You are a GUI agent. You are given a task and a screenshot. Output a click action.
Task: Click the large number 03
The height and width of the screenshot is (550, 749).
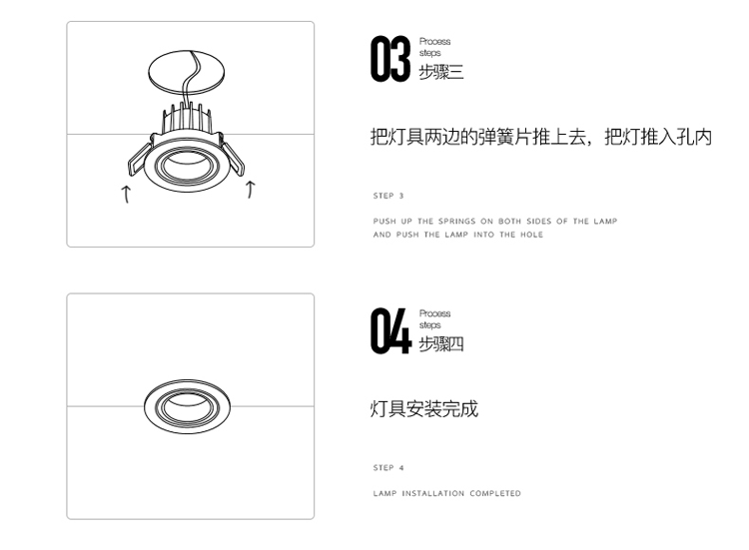(390, 59)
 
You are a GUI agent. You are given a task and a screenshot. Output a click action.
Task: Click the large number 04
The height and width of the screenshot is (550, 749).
(390, 330)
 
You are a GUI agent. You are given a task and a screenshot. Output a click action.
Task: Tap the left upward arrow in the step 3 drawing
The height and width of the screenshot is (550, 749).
(126, 193)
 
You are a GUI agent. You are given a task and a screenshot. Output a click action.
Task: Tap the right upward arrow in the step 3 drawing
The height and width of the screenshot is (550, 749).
(251, 189)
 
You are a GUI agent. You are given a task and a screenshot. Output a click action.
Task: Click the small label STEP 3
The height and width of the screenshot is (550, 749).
(388, 196)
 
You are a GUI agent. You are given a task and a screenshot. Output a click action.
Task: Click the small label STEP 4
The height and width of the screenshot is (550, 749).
(388, 467)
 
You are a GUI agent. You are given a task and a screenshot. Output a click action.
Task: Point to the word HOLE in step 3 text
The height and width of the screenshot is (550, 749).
(531, 235)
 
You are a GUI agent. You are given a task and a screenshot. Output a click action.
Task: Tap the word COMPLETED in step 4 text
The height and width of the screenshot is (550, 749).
(495, 493)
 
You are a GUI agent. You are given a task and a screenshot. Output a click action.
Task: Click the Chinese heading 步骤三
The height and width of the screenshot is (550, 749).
(441, 73)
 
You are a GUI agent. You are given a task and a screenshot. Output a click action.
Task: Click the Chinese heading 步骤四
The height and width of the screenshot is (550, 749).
(441, 344)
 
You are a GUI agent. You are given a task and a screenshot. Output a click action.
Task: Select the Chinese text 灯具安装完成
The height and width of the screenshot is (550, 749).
(424, 408)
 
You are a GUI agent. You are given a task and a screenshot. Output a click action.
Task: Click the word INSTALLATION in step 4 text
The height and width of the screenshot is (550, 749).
(433, 493)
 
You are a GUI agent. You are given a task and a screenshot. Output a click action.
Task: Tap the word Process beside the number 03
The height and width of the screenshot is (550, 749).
(434, 42)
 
